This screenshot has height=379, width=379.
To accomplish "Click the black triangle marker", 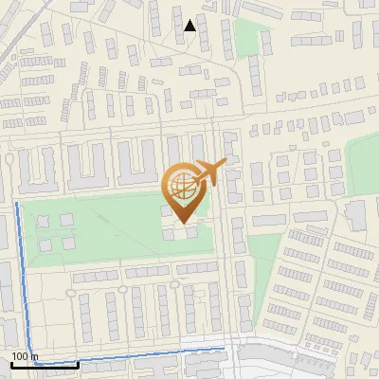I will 190,25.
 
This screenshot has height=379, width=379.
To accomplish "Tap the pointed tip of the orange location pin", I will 184,223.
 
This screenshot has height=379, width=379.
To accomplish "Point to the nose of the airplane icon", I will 224,163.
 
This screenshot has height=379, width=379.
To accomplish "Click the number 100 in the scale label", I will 21,356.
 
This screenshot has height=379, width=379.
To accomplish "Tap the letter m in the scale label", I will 35,356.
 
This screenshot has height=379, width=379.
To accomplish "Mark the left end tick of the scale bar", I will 11,363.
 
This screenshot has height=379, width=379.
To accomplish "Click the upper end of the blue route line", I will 17,203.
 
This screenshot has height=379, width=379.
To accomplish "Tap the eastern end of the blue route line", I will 225,350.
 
